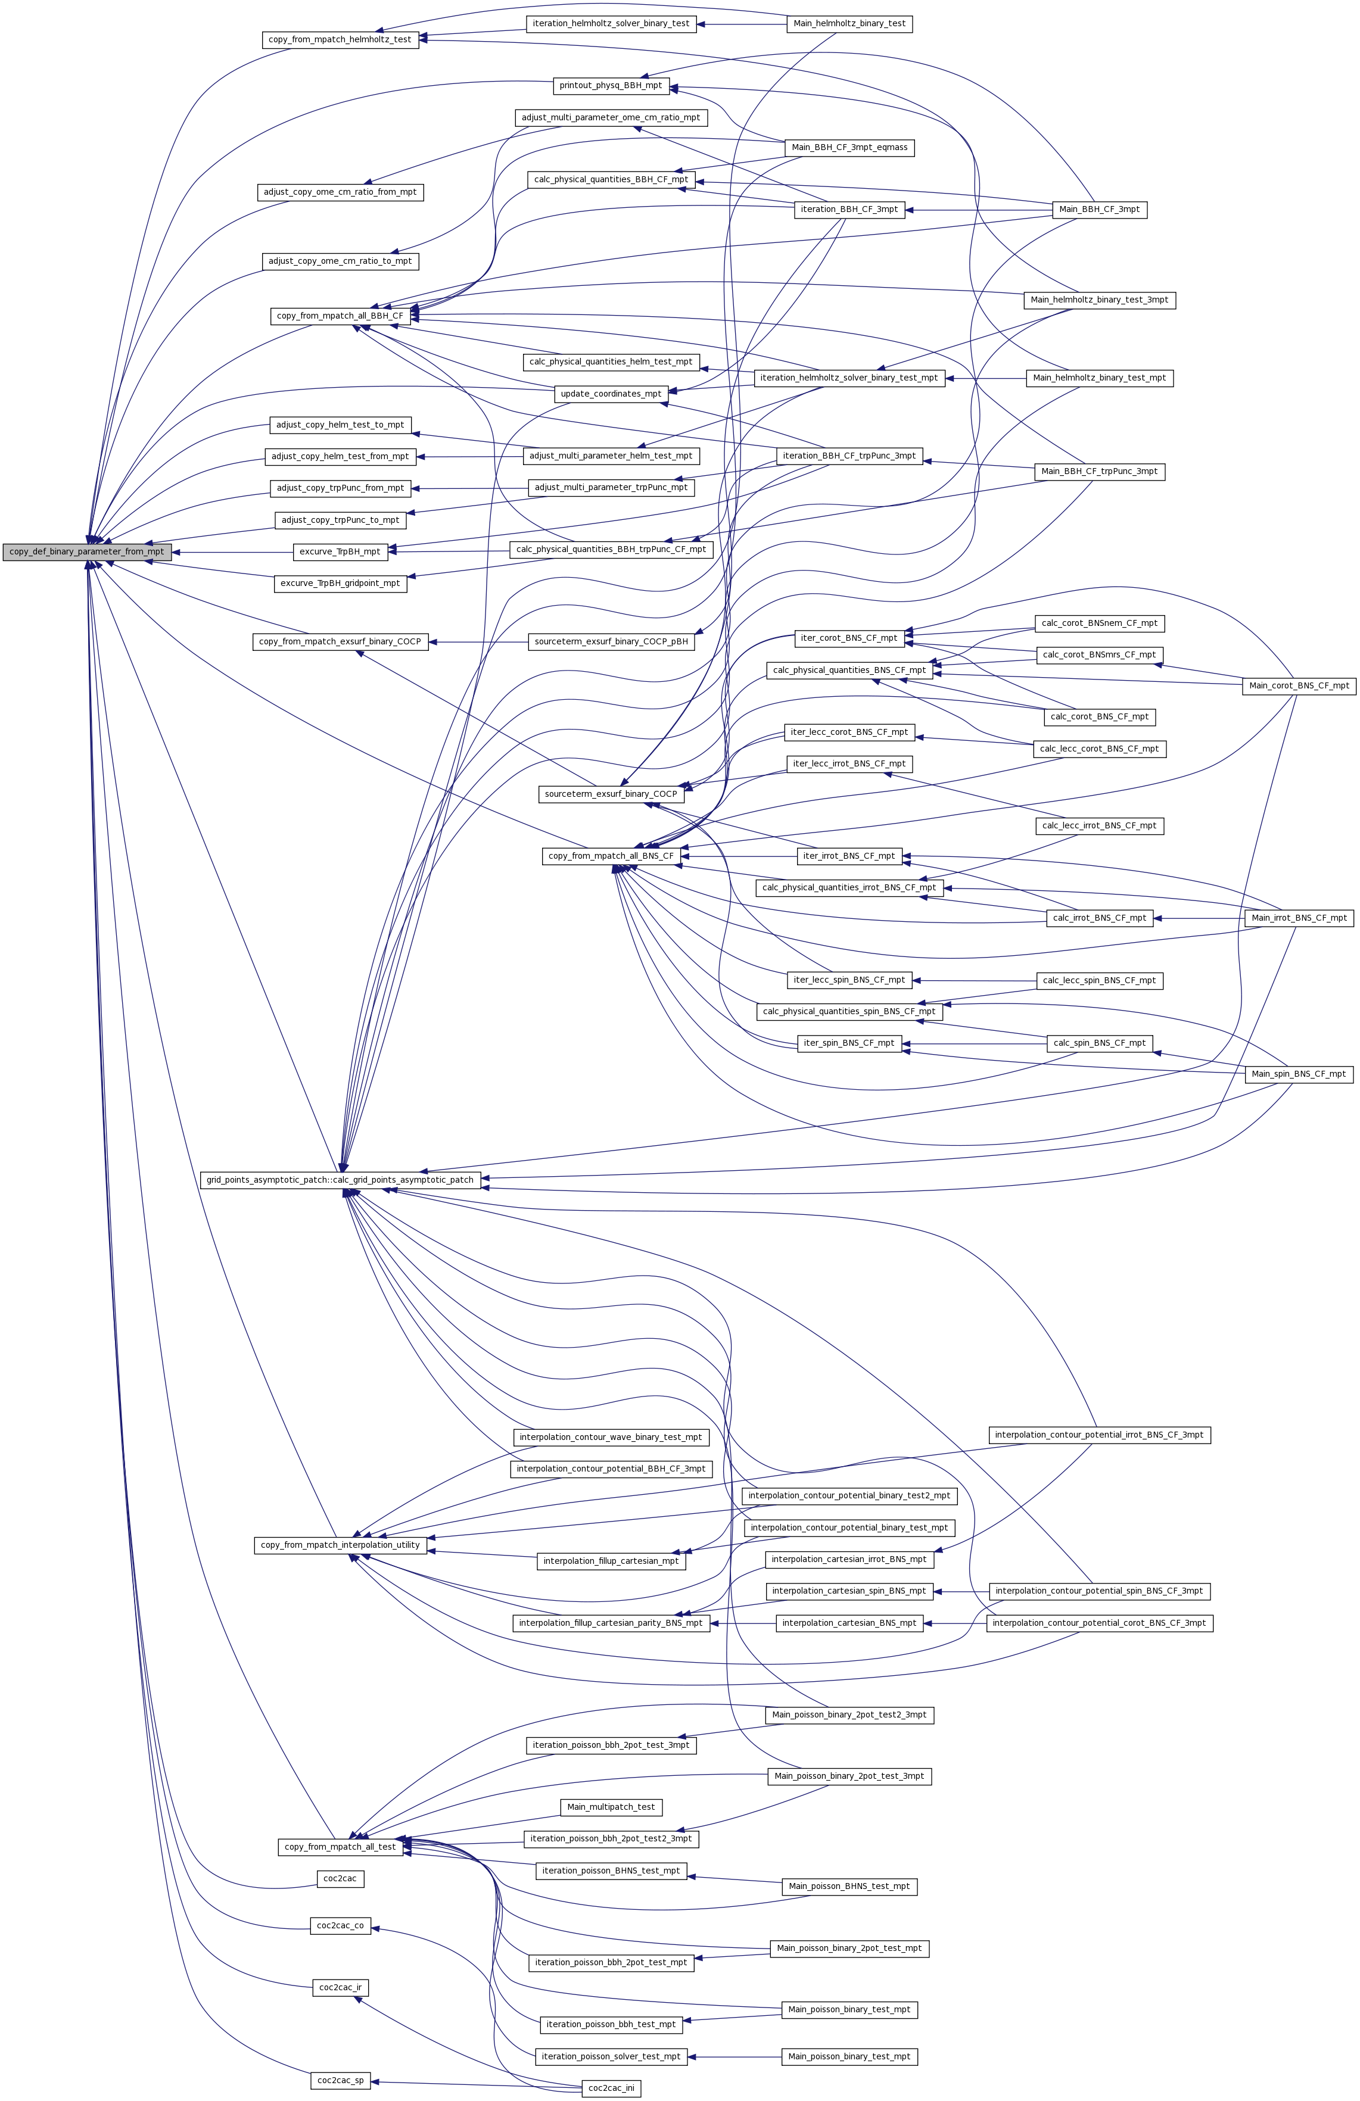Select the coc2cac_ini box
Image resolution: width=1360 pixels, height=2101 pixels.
[611, 2088]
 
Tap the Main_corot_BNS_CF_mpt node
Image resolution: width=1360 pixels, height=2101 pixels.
[1298, 686]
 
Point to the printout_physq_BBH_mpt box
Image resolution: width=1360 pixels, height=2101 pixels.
[611, 86]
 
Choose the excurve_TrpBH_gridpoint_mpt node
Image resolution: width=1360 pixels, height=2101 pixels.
[340, 584]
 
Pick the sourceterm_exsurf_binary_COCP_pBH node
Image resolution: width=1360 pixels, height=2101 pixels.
[611, 642]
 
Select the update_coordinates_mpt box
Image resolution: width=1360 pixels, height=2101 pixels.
[611, 394]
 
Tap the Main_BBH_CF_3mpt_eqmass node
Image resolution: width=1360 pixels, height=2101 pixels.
[849, 148]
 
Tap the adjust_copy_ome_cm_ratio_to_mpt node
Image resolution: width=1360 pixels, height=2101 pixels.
[341, 261]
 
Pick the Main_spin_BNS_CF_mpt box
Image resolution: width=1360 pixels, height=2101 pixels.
[1298, 1074]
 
